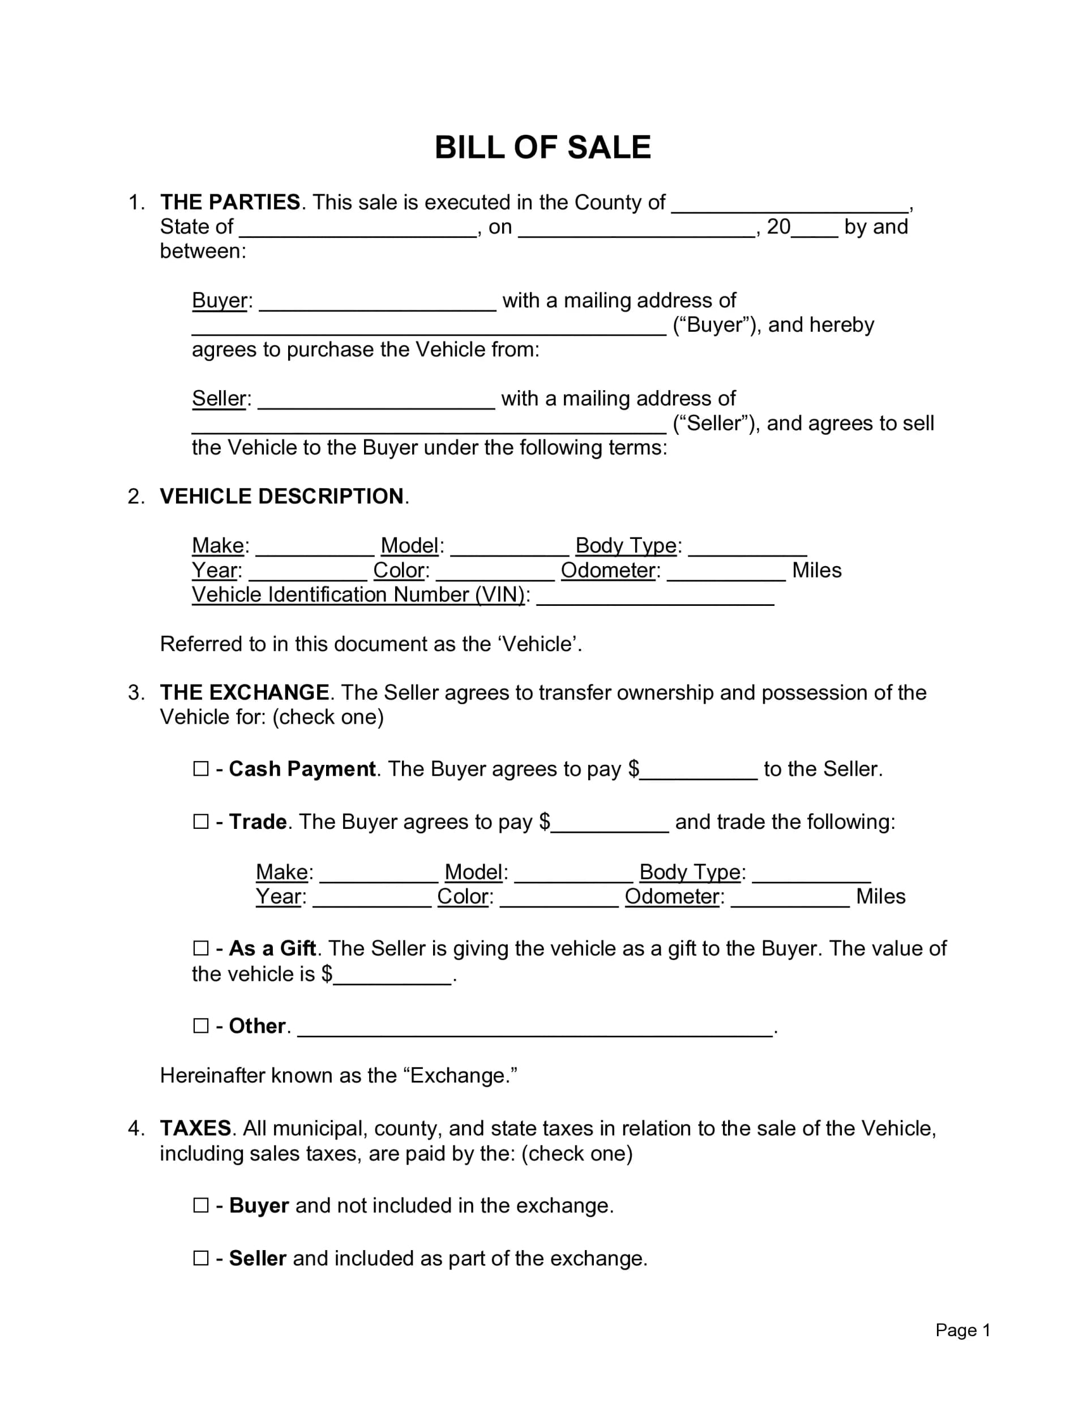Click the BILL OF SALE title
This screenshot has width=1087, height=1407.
(x=542, y=148)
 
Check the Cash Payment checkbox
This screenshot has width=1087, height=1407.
(x=201, y=768)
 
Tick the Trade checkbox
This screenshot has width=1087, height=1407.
(x=201, y=822)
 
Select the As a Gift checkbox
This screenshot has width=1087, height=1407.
(x=201, y=948)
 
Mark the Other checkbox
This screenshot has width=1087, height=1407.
(x=201, y=1025)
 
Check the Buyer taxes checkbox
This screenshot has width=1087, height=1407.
(x=201, y=1205)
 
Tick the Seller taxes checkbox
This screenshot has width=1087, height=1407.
(x=201, y=1258)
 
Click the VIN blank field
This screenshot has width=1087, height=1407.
(x=654, y=598)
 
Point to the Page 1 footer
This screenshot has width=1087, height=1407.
(x=962, y=1329)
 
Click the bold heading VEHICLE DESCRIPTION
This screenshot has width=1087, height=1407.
(x=281, y=496)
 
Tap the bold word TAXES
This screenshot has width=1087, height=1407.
(x=195, y=1128)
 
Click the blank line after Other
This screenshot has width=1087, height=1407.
(x=535, y=1029)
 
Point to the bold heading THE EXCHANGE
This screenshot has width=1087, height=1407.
(x=244, y=692)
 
